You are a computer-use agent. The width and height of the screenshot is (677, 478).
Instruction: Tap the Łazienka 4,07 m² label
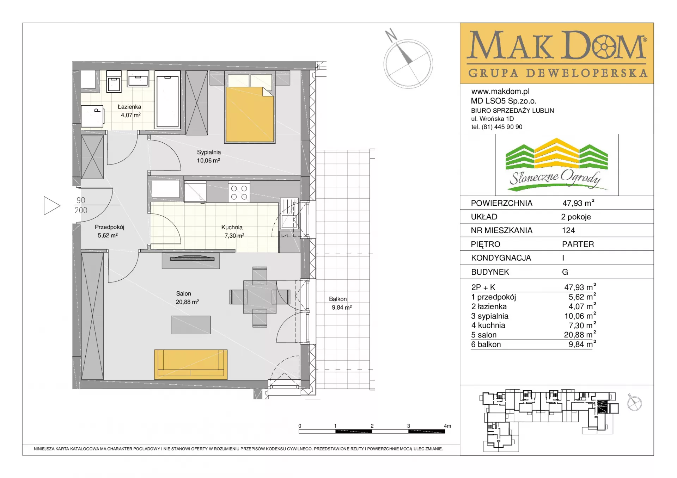point(129,111)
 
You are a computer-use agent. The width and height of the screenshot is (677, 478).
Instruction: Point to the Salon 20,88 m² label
point(187,298)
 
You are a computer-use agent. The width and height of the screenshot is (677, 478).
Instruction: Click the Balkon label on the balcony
point(338,299)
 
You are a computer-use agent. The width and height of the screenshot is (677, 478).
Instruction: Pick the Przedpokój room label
point(109,227)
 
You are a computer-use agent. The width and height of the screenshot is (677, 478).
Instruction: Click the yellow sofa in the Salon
point(191,364)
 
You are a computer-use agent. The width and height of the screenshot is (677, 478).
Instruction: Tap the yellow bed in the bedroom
point(250,114)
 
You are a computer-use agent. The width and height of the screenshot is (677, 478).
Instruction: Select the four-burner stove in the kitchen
point(239,192)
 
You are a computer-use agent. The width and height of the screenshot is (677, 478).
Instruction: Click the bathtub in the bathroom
point(167,100)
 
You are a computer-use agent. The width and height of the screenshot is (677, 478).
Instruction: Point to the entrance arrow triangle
point(52,206)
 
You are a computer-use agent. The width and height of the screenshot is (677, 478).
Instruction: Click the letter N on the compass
point(391,35)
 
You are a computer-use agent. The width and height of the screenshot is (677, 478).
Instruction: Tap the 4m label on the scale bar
point(447,426)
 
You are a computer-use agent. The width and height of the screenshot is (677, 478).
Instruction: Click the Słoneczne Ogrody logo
point(557,165)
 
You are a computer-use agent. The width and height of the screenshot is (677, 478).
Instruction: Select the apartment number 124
point(568,230)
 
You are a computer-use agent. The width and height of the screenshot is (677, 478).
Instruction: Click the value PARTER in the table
point(578,244)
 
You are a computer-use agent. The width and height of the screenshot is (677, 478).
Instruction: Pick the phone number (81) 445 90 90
point(502,127)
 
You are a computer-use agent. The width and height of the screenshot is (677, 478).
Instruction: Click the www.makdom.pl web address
point(500,92)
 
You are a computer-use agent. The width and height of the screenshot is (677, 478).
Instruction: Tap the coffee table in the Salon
point(191,325)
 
